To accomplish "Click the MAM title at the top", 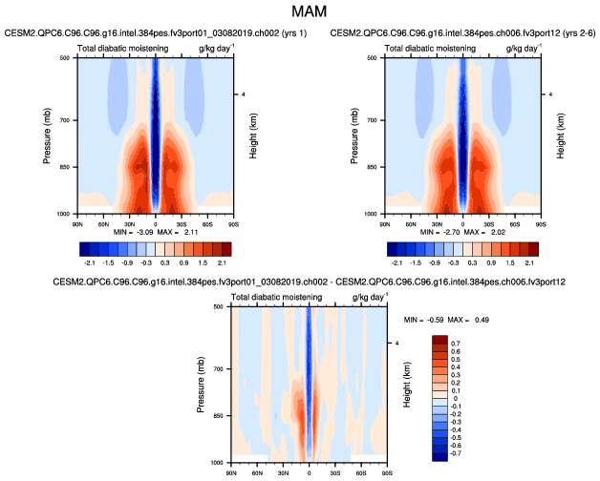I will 299,12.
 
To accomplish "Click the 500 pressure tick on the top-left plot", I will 64,58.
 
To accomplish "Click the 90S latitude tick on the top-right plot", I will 540,221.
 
